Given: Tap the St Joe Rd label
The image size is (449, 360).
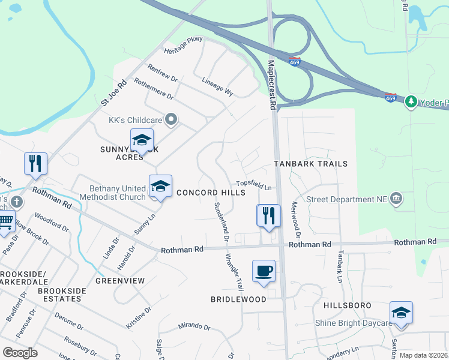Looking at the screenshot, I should point(114,93).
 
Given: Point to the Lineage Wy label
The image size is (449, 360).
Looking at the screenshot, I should point(217,86).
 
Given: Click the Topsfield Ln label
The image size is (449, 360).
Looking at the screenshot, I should point(254,186).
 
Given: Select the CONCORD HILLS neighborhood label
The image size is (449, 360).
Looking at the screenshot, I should point(211,192).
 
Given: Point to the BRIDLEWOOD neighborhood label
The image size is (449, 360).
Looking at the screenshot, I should point(238,299).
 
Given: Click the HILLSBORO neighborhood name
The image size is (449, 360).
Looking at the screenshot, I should point(347,305).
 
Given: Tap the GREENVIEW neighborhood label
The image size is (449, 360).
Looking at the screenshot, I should point(120,280).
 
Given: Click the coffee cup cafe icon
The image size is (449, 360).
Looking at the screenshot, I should point(264,271).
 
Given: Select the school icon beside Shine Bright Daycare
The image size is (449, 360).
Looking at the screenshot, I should point(401,313).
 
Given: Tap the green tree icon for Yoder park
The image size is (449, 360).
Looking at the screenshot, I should point(411,101).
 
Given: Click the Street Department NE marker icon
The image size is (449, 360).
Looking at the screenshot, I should point(396,199).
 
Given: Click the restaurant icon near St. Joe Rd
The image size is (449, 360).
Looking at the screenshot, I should point(36,164).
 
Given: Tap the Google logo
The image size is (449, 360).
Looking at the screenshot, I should point(20,353).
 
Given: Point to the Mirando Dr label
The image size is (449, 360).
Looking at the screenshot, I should point(193,327).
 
